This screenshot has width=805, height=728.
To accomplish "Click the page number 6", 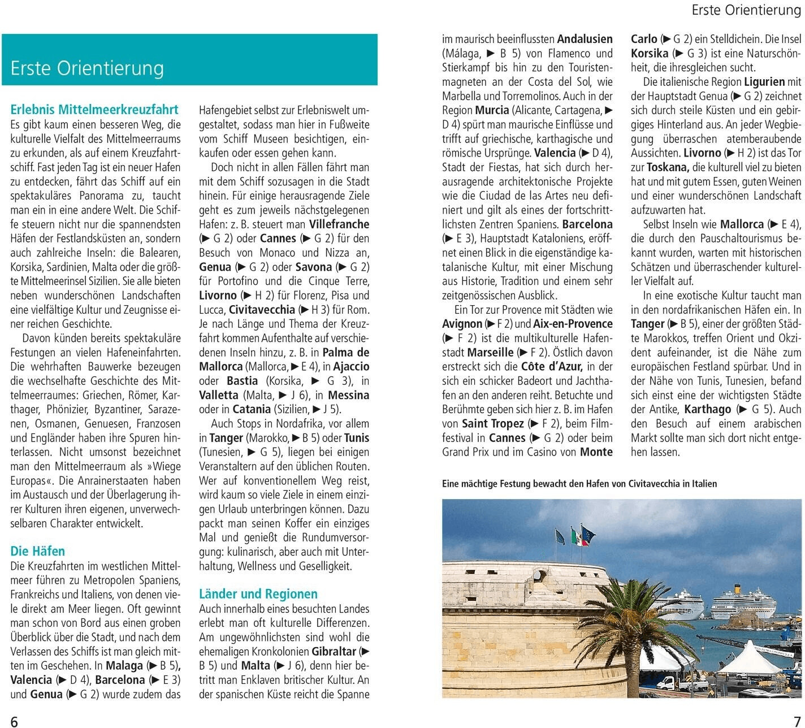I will click(x=15, y=720).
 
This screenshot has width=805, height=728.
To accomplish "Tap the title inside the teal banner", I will click(x=87, y=68).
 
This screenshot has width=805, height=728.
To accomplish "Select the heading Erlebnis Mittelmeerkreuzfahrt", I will click(x=94, y=110).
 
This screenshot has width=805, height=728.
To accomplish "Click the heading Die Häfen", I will click(x=37, y=551).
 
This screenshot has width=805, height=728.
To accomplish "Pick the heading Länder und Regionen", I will click(x=258, y=594).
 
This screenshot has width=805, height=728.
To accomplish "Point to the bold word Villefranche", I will click(x=339, y=224).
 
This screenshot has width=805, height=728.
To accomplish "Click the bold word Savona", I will click(x=314, y=267).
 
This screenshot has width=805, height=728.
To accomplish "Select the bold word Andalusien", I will click(x=585, y=39).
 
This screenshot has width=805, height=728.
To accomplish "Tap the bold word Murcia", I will click(x=492, y=110).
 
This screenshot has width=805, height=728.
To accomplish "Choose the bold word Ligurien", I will click(x=764, y=82).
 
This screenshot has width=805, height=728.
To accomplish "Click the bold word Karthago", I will click(x=707, y=409).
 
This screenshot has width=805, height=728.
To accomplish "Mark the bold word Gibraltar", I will click(x=334, y=651).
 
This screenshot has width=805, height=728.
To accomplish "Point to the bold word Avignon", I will click(x=462, y=324).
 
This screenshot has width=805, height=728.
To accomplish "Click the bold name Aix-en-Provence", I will click(x=573, y=324).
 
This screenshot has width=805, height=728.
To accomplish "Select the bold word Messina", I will click(x=348, y=395).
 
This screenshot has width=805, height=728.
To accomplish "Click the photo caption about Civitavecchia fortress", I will click(x=579, y=484).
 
